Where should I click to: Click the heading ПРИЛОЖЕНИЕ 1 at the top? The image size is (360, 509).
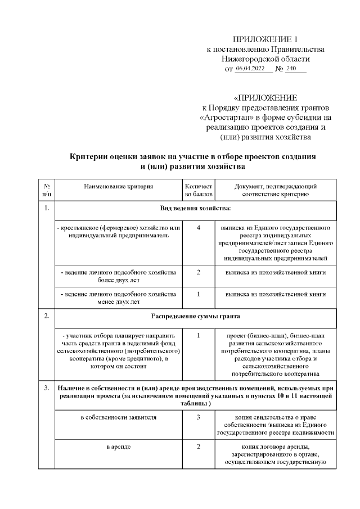click(265, 39)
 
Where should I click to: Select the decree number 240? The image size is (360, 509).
click(291, 69)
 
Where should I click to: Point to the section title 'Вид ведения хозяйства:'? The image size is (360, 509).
click(195, 209)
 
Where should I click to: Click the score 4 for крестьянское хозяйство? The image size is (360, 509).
click(199, 228)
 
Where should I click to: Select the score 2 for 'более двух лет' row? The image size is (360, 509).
click(199, 272)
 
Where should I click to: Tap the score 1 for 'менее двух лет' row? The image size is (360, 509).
click(199, 294)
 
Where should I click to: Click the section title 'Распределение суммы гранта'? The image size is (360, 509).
click(195, 316)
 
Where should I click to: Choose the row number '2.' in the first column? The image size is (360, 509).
click(46, 316)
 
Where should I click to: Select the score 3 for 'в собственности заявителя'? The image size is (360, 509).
click(199, 417)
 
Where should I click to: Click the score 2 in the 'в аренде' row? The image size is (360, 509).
click(199, 447)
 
